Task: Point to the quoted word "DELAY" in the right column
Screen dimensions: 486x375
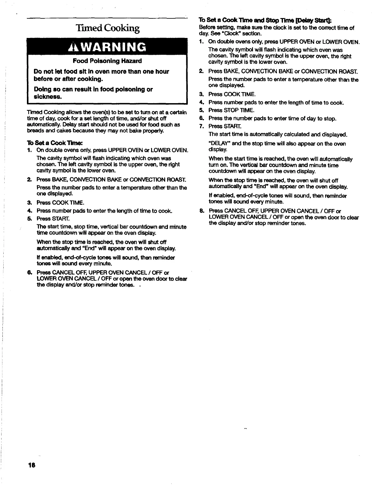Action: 218,144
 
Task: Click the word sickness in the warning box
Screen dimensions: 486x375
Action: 48,97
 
